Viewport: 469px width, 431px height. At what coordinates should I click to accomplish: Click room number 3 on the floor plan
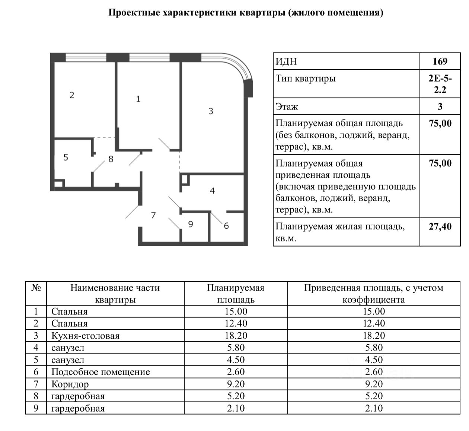[211, 111]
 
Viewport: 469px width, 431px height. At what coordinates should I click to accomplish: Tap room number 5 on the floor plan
[66, 157]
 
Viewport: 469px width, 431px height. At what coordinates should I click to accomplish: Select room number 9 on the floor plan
[191, 224]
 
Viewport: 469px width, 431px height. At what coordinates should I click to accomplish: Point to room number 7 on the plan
[153, 215]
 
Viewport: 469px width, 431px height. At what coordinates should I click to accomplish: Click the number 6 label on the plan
[226, 226]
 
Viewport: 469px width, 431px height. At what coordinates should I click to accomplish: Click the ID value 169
[440, 61]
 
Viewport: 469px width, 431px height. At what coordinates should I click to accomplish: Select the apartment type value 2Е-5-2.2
[440, 84]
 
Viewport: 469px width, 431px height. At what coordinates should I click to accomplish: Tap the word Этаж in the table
[287, 107]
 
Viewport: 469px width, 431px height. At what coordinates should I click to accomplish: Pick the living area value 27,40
[440, 226]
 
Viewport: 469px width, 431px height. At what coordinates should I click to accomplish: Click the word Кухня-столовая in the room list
[85, 336]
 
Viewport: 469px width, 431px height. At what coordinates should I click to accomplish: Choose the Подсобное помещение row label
[100, 372]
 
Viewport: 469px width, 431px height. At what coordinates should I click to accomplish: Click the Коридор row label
[70, 384]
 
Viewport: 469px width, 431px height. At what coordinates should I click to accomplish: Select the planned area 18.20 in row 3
[236, 336]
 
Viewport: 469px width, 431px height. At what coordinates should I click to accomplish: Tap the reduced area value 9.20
[374, 384]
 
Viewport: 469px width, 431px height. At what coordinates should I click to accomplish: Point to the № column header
[36, 288]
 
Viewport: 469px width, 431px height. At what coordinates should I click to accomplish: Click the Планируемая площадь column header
[236, 294]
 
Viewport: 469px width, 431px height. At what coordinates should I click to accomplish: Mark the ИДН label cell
[286, 61]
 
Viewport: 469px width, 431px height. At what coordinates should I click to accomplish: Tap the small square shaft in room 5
[58, 184]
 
